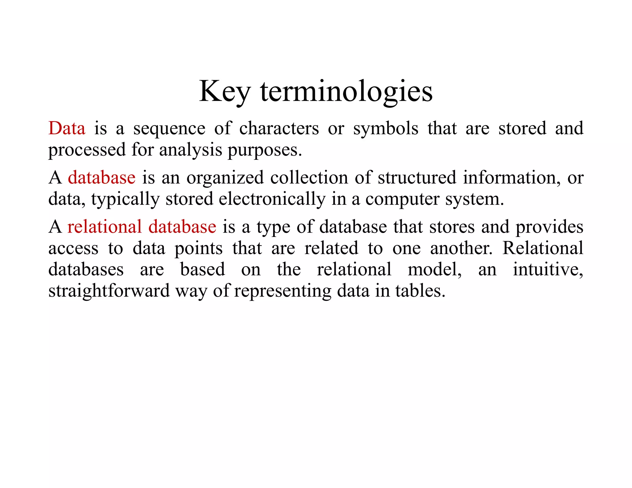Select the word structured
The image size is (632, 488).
(417, 178)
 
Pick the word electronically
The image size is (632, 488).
(272, 199)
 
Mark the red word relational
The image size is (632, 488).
(104, 227)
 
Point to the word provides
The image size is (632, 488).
(549, 227)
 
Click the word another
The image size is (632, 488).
(461, 248)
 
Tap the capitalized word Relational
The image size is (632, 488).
(543, 248)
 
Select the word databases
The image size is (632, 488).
(86, 269)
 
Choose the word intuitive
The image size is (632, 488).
(548, 269)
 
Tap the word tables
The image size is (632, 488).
(420, 291)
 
